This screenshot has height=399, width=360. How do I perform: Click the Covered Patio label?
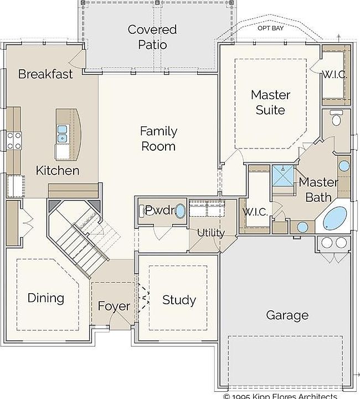pyautogui.click(x=152, y=37)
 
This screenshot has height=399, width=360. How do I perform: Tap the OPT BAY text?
pyautogui.click(x=270, y=28)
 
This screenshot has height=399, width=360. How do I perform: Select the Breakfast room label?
pyautogui.click(x=45, y=74)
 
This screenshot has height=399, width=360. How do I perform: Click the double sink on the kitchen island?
pyautogui.click(x=62, y=134)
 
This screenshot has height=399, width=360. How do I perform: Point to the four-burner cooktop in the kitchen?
pyautogui.click(x=14, y=141)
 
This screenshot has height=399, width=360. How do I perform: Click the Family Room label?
pyautogui.click(x=158, y=139)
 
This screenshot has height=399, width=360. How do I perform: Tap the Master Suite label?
pyautogui.click(x=270, y=103)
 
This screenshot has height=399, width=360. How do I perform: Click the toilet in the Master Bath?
pyautogui.click(x=336, y=118)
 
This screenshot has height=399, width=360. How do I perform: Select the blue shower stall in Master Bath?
pyautogui.click(x=283, y=176)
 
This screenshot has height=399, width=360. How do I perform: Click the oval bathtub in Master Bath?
pyautogui.click(x=335, y=218)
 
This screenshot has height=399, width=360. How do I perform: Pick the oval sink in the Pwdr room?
pyautogui.click(x=180, y=211)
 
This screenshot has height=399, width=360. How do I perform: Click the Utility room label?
pyautogui.click(x=211, y=233)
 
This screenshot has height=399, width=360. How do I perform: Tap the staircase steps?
pyautogui.click(x=81, y=244)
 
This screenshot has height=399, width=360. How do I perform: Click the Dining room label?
pyautogui.click(x=46, y=298)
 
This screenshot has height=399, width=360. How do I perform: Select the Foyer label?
pyautogui.click(x=114, y=306)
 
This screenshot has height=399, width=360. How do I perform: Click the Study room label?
pyautogui.click(x=179, y=300)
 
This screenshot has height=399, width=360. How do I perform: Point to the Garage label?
pyautogui.click(x=287, y=315)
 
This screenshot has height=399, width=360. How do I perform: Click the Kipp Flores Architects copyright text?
pyautogui.click(x=280, y=396)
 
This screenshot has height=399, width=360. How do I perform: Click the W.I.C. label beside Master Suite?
pyautogui.click(x=334, y=75)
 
